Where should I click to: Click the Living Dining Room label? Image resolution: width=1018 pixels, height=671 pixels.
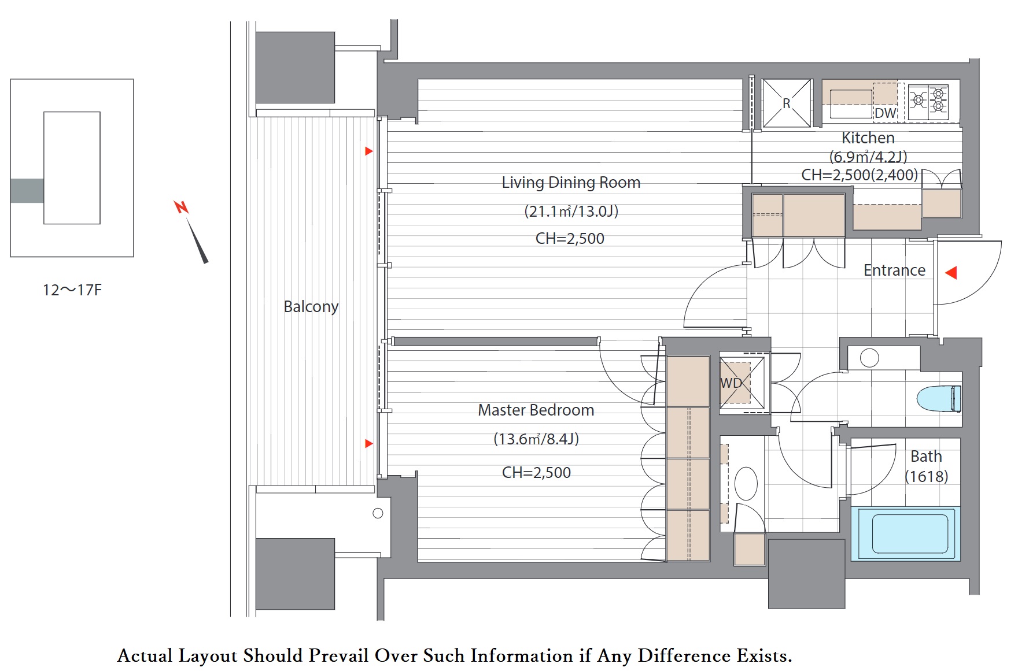(x=571, y=183)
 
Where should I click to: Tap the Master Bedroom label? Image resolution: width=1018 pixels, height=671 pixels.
(x=536, y=410)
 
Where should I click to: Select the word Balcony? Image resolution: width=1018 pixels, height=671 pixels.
(x=311, y=306)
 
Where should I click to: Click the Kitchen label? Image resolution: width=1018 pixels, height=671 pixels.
(x=868, y=138)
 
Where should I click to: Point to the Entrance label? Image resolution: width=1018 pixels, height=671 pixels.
(x=894, y=270)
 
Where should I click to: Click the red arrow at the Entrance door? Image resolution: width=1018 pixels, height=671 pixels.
(x=951, y=272)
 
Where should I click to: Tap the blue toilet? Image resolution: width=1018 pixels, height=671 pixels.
(x=939, y=399)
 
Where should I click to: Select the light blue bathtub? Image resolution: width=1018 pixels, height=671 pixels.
(x=906, y=533)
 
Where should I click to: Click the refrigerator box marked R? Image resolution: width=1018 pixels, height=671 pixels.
(x=787, y=103)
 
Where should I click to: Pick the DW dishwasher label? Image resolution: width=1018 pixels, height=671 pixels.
(x=885, y=113)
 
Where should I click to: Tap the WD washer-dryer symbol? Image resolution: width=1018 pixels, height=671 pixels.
(x=743, y=383)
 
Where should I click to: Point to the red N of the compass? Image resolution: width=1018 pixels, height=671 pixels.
(x=182, y=207)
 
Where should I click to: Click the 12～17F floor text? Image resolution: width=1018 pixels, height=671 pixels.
(x=72, y=290)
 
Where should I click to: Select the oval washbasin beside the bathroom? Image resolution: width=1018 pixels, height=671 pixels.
(x=746, y=483)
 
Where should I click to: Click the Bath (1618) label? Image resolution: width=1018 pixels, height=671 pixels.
(x=926, y=466)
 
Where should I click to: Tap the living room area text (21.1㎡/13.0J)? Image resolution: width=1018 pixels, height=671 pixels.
(x=571, y=211)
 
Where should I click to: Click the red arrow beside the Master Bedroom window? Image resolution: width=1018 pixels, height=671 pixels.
(x=369, y=443)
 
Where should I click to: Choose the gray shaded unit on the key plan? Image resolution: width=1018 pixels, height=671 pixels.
(x=27, y=191)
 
